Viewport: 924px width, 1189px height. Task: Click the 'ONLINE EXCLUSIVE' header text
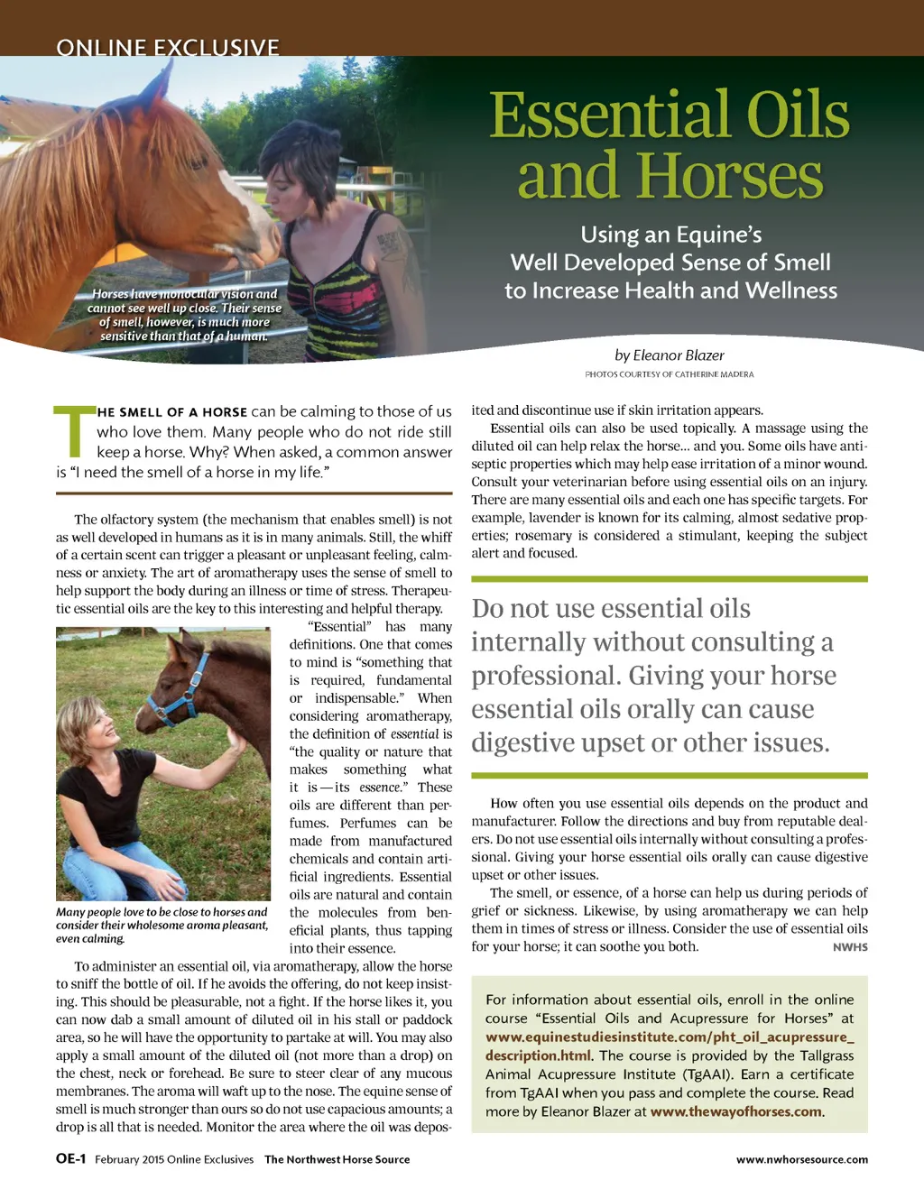point(168,47)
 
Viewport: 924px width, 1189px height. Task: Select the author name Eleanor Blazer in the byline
point(679,355)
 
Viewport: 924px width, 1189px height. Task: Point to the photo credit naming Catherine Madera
point(669,374)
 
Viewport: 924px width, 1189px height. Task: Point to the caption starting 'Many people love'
point(162,925)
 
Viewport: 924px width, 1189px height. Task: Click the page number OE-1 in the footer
point(70,1159)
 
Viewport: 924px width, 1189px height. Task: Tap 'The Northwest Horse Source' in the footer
point(337,1160)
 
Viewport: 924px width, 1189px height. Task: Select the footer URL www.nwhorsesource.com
point(801,1160)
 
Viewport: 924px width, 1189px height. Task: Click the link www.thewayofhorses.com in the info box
point(735,1111)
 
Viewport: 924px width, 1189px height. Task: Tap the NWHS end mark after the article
point(850,947)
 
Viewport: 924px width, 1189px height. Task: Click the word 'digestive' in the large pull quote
point(537,743)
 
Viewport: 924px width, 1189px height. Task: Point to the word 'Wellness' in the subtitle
point(790,290)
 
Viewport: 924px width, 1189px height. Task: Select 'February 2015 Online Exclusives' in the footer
point(174,1160)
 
